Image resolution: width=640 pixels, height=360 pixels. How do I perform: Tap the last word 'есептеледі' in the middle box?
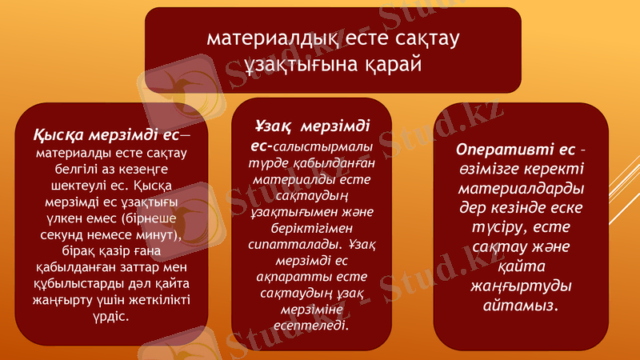tap(312, 325)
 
